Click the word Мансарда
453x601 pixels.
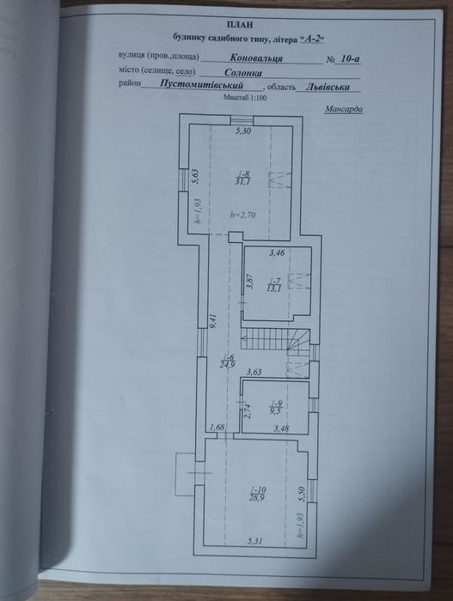click(344, 110)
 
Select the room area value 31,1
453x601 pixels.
click(242, 181)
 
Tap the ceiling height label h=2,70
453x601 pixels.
click(244, 216)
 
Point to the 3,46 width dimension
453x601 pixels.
click(277, 254)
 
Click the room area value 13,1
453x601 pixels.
click(274, 288)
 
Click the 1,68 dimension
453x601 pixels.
click(217, 428)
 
